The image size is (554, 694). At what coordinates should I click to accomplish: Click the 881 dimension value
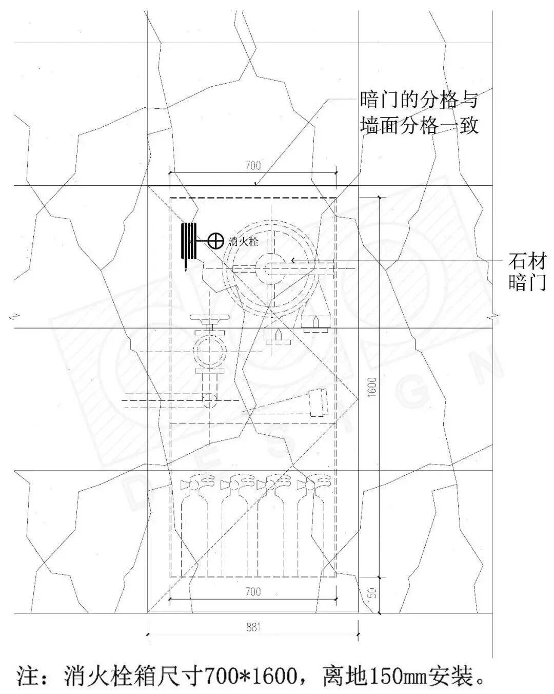[x=253, y=627]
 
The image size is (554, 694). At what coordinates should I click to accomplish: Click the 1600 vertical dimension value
[x=372, y=385]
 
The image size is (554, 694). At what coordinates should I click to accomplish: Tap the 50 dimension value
[x=373, y=593]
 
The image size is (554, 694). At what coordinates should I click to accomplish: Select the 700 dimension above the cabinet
[x=253, y=165]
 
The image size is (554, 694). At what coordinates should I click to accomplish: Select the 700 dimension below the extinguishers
[x=253, y=592]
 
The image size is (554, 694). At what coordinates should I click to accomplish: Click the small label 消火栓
[x=243, y=241]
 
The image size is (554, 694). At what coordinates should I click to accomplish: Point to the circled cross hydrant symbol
[x=216, y=240]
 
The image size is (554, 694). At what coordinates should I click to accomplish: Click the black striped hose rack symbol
[x=189, y=242]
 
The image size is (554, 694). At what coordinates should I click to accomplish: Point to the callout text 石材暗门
[x=526, y=272]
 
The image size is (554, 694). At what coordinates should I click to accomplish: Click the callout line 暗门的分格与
[x=419, y=99]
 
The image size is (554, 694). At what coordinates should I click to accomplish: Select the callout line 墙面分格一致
[x=419, y=125]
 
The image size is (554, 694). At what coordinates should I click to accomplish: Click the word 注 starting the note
[x=28, y=676]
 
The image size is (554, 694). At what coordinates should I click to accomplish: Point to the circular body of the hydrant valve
[x=209, y=351]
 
